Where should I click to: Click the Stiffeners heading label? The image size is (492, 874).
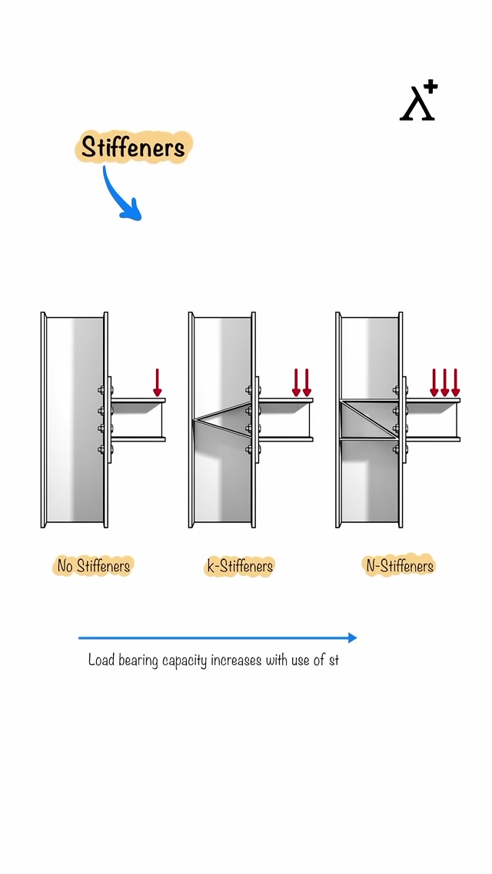(x=133, y=147)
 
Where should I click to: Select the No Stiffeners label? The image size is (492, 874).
(x=93, y=566)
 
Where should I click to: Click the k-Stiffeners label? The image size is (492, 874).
(x=240, y=566)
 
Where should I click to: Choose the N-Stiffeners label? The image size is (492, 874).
(x=399, y=566)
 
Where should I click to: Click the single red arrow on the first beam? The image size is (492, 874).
(x=158, y=382)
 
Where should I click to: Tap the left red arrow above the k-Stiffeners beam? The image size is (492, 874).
(x=296, y=382)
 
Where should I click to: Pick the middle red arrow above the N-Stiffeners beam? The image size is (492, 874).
(x=444, y=382)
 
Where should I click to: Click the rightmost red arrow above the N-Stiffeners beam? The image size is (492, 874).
(x=455, y=382)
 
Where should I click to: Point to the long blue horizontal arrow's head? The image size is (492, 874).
(x=353, y=637)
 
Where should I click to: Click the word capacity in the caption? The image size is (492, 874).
(x=184, y=660)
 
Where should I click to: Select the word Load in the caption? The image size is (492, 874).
(x=101, y=660)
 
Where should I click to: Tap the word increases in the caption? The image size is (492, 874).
(x=236, y=660)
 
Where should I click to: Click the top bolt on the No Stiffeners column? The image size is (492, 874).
(x=102, y=390)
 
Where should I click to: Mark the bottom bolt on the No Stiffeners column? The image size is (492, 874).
(x=102, y=449)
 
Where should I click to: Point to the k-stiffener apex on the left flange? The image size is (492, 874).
(x=194, y=420)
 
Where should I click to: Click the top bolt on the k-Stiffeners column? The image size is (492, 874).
(x=249, y=390)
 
